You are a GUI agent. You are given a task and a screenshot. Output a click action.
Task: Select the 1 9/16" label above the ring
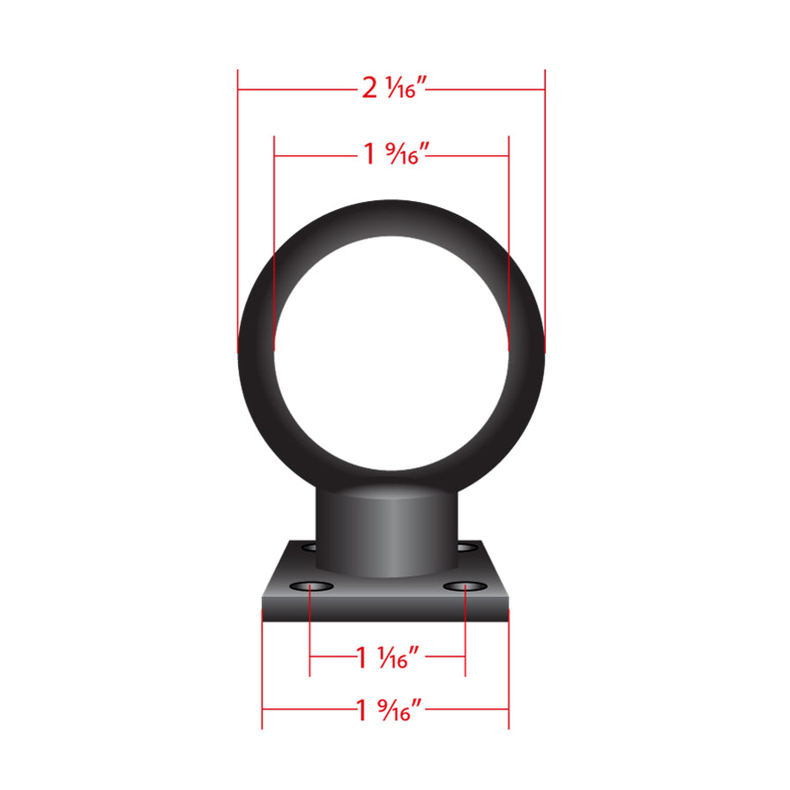coord(395,155)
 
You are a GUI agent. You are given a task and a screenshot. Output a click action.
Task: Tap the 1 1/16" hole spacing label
coord(386,656)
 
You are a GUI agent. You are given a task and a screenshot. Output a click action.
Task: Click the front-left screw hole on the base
coord(310,586)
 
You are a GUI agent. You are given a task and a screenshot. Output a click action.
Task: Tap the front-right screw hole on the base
coord(465,586)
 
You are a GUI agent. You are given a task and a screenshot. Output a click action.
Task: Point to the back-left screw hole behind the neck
coord(309,548)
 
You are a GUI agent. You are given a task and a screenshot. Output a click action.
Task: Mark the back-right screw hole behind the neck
coord(466,548)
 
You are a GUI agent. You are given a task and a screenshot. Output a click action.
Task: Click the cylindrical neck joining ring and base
coord(387,529)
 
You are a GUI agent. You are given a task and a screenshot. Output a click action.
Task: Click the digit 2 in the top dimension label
coord(369,88)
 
